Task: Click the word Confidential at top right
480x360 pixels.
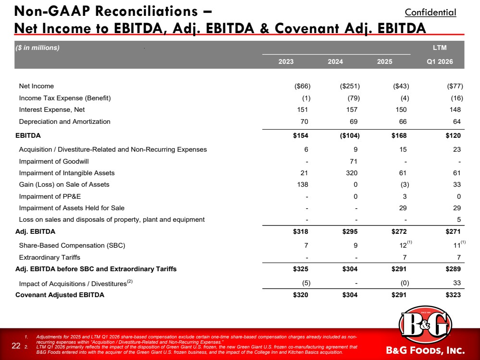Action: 431,12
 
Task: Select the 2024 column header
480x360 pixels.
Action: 335,61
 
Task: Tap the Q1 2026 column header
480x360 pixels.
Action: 440,61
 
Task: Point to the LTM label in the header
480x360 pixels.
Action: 440,48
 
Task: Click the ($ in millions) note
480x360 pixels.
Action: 37,48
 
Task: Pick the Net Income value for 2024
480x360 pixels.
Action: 350,86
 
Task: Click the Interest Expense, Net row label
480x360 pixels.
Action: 52,109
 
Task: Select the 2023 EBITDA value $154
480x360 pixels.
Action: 300,135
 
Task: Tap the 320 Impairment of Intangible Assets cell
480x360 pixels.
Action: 351,173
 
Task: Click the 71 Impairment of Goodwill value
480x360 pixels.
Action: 354,161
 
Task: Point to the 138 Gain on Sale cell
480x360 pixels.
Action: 302,184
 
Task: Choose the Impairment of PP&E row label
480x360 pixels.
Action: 50,196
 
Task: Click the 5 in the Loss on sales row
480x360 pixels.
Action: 458,220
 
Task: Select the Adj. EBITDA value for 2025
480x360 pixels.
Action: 399,231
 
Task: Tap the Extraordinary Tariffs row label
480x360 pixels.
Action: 49,258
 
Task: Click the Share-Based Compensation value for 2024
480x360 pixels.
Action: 356,246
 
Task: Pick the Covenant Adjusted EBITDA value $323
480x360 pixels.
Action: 453,295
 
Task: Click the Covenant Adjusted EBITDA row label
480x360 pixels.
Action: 60,295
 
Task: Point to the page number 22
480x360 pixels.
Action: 16,346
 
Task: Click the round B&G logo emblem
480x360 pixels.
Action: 425,324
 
